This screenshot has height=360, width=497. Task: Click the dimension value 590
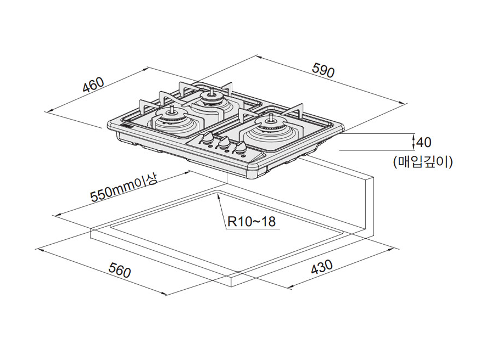323,71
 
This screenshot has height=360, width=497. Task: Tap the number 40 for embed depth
424,143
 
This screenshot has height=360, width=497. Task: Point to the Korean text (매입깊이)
423,161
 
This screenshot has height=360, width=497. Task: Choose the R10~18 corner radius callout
251,222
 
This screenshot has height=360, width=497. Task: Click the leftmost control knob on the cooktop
208,138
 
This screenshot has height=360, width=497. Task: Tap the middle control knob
224,142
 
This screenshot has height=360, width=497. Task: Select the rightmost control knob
241,147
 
